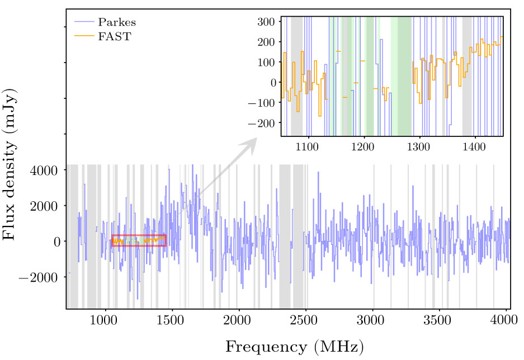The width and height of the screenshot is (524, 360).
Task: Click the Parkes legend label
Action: (117, 23)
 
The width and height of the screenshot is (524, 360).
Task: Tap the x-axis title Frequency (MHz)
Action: (294, 347)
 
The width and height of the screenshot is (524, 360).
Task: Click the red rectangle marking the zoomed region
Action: (139, 235)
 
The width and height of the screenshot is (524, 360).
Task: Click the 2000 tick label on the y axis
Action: (44, 206)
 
